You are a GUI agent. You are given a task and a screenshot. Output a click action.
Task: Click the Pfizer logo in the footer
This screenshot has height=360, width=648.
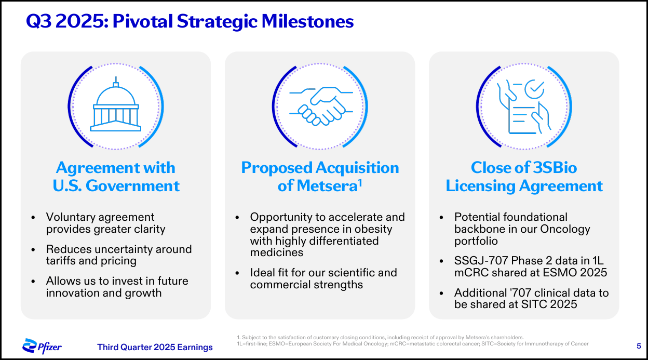[43, 346]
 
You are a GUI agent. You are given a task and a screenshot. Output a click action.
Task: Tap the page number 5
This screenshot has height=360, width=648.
[638, 346]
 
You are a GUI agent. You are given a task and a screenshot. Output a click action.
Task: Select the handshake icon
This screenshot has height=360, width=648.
[320, 106]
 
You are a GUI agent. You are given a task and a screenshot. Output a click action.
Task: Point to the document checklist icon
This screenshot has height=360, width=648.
[523, 107]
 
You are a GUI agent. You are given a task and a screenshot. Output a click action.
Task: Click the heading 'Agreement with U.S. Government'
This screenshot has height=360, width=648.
[116, 177]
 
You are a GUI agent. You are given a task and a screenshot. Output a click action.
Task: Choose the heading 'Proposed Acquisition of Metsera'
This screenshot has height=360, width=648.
[320, 177]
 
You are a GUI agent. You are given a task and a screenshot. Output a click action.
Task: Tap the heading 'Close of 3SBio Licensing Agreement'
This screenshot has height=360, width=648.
[524, 177]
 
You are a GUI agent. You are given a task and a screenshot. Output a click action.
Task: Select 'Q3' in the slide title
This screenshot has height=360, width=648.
[39, 22]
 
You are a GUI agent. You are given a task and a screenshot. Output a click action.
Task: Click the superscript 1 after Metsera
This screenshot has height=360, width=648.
[359, 182]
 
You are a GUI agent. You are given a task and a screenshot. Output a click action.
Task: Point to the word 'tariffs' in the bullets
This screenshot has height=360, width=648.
[63, 261]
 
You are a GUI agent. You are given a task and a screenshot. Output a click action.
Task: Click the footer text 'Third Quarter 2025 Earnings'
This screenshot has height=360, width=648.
[155, 347]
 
